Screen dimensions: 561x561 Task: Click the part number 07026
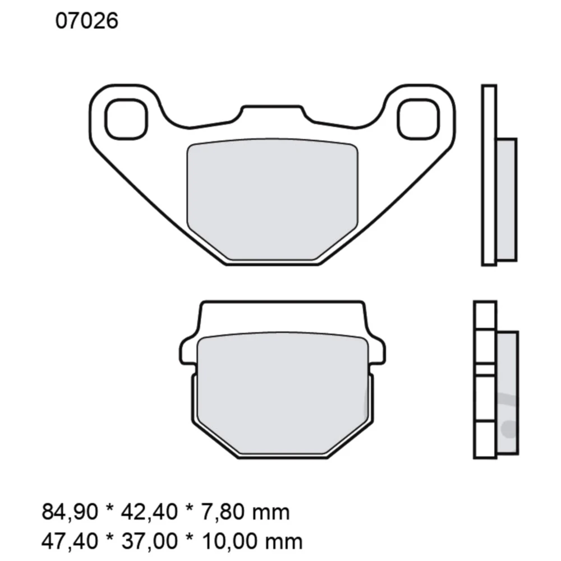[x=86, y=22]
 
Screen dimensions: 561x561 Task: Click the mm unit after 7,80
[x=275, y=512]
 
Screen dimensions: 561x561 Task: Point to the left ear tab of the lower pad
[x=188, y=350]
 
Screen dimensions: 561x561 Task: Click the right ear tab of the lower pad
[x=377, y=350]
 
